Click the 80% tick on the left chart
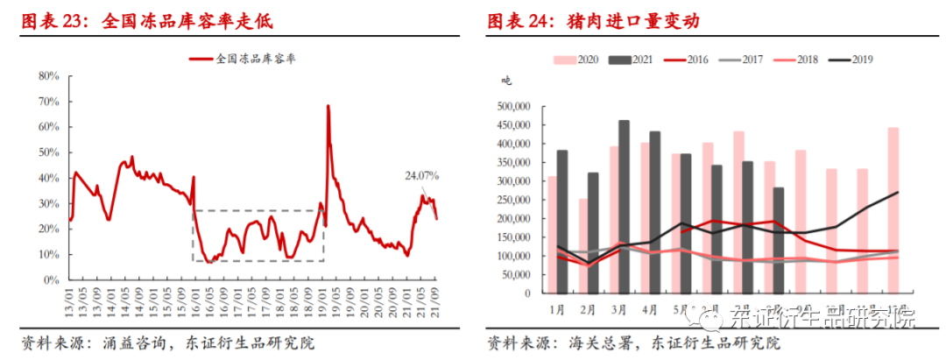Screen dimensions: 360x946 (47, 76)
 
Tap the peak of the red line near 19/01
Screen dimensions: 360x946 (328, 107)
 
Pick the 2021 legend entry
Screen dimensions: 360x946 (631, 60)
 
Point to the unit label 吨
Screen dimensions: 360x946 (505, 81)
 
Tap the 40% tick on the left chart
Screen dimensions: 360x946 (47, 179)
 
